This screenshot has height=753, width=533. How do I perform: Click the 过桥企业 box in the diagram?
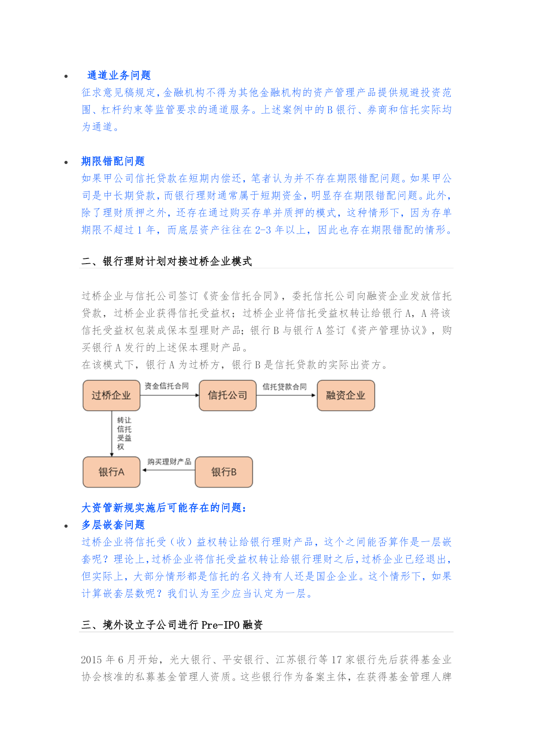click(111, 395)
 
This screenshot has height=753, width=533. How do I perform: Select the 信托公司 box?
click(228, 395)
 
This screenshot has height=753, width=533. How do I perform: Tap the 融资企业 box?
click(346, 395)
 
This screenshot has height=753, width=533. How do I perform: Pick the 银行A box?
click(111, 472)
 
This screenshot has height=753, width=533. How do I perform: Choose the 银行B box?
click(224, 472)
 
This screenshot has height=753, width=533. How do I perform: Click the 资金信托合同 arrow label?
click(167, 386)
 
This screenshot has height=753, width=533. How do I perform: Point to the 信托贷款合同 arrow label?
click(285, 387)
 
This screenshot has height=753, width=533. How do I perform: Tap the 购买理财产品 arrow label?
click(169, 462)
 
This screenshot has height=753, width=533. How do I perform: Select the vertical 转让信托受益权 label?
click(124, 433)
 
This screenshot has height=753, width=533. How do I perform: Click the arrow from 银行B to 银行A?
click(168, 470)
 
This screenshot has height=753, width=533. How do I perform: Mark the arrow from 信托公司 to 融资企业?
click(286, 395)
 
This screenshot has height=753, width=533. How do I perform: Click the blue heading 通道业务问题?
click(119, 76)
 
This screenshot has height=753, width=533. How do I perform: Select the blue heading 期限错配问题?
click(113, 161)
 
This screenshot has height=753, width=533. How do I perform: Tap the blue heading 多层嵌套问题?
click(113, 525)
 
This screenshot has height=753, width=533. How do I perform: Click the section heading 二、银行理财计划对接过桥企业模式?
click(167, 261)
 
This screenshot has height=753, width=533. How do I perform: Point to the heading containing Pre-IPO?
click(172, 625)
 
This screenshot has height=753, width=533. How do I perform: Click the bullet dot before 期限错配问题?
click(66, 162)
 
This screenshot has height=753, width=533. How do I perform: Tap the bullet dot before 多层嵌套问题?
click(66, 526)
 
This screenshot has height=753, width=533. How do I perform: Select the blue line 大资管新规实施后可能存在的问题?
click(164, 508)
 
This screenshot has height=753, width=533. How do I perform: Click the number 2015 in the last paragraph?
click(91, 660)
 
